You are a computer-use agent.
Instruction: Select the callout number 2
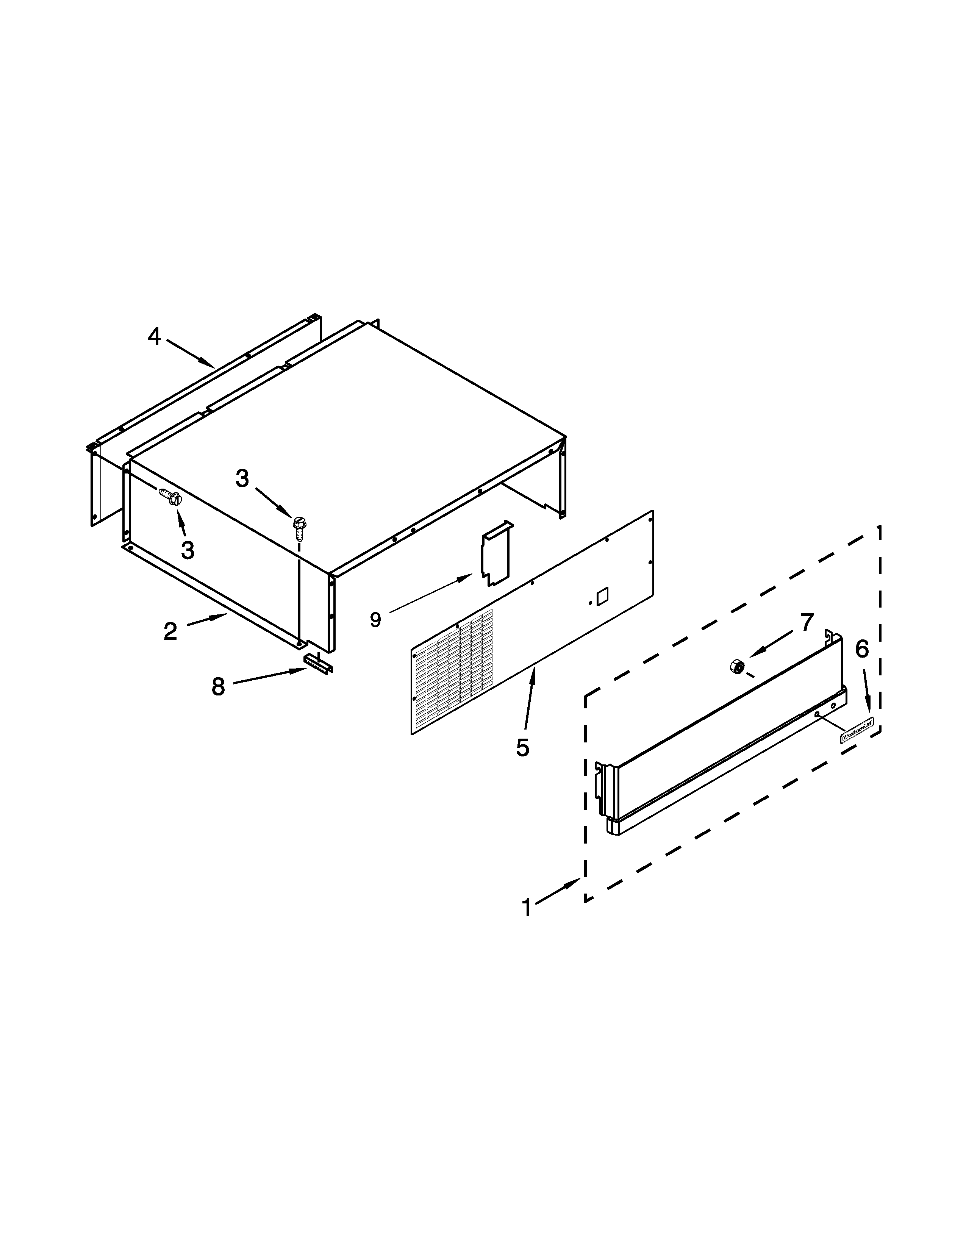(170, 631)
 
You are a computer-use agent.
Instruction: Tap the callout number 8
(218, 686)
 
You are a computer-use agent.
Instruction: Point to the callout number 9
(375, 619)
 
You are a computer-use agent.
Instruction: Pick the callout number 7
(807, 622)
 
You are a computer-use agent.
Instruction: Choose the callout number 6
(862, 648)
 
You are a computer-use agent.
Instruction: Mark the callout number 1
(527, 908)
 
